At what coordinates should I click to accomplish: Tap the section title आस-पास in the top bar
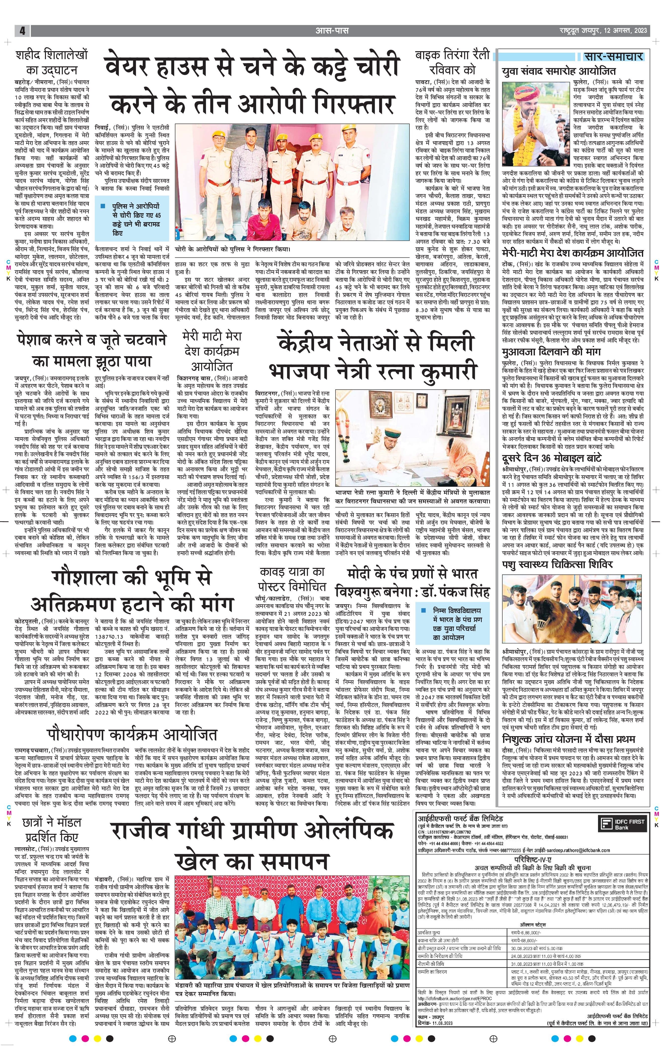click(x=332, y=31)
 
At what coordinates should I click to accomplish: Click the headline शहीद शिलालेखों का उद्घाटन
click(x=52, y=63)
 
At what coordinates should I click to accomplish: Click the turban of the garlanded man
click(x=527, y=91)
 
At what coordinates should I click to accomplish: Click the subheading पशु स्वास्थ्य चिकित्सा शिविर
click(x=557, y=564)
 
